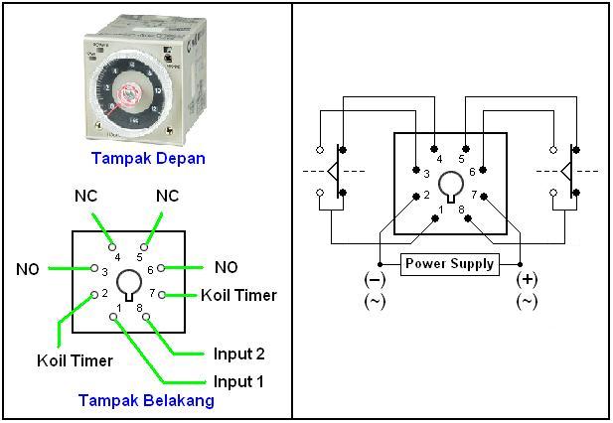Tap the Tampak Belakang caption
click(145, 400)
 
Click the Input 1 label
click(239, 381)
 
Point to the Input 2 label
click(239, 353)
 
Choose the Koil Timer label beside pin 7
click(238, 295)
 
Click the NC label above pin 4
click(85, 196)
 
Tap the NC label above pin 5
click(167, 196)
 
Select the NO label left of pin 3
click(29, 268)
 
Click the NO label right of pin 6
click(226, 267)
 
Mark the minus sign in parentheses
click(375, 279)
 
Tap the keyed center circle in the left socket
click(127, 285)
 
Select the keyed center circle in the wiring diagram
click(452, 184)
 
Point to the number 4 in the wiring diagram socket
click(440, 157)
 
